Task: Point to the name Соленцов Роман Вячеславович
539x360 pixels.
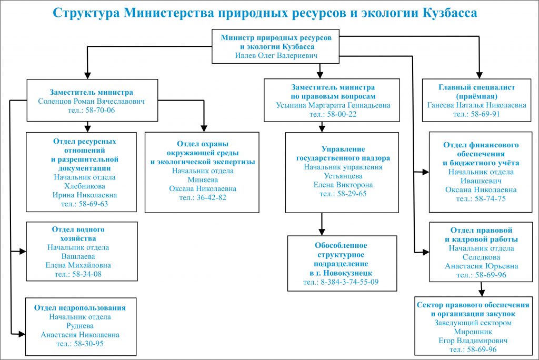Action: click(x=92, y=101)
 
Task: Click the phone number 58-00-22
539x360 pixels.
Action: click(x=333, y=114)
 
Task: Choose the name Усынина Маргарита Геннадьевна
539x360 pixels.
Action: click(x=333, y=105)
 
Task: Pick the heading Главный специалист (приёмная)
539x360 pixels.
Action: click(x=476, y=92)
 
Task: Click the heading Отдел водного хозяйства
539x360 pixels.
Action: click(x=78, y=234)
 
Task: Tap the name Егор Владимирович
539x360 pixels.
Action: click(x=472, y=341)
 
